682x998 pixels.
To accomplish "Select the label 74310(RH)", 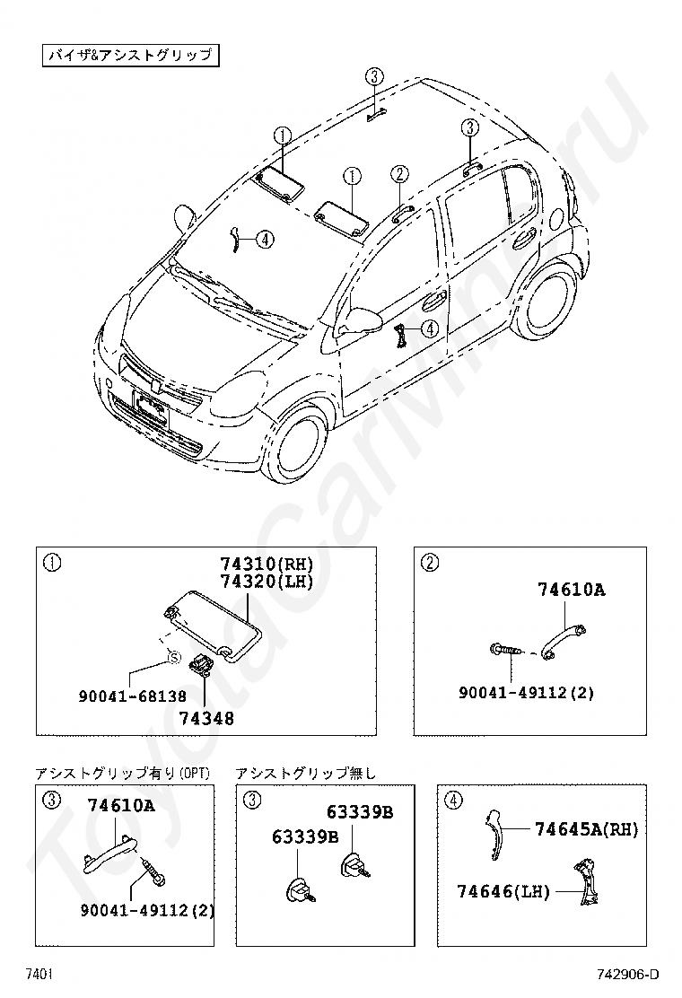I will click(x=267, y=565).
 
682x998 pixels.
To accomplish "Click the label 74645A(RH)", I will click(x=586, y=830).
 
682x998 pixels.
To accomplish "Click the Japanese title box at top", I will click(x=130, y=55).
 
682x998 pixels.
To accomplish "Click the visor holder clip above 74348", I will click(x=202, y=665).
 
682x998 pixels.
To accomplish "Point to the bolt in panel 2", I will click(x=504, y=650).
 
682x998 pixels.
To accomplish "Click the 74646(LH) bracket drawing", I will click(x=586, y=884).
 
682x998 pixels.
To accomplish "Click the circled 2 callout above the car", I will click(x=399, y=174).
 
